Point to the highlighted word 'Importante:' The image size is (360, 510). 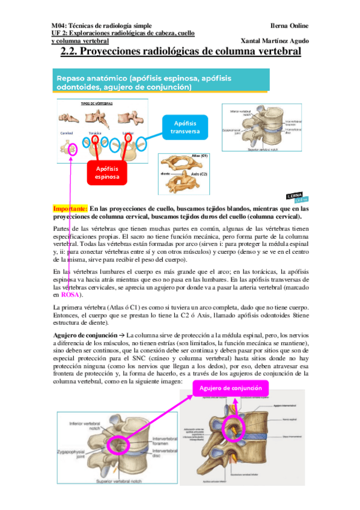point(70,207)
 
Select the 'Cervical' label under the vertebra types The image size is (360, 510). point(66,132)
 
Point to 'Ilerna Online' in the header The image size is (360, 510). point(290,26)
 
